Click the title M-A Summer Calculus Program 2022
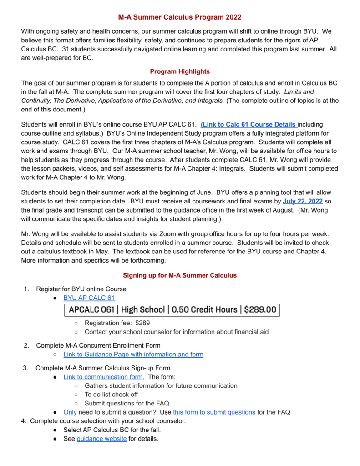180,17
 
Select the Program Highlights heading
180,71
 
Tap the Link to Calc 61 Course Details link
249,124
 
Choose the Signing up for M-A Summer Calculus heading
180,275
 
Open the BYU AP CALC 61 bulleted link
89,298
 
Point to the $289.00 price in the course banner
260,310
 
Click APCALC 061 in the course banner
91,310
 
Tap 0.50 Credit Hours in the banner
205,310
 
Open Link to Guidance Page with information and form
133,354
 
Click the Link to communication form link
104,377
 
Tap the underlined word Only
70,412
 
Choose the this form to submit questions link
214,412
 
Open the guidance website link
101,439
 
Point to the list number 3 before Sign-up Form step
26,368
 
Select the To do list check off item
111,395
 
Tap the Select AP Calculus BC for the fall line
112,430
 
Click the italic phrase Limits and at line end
299,92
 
